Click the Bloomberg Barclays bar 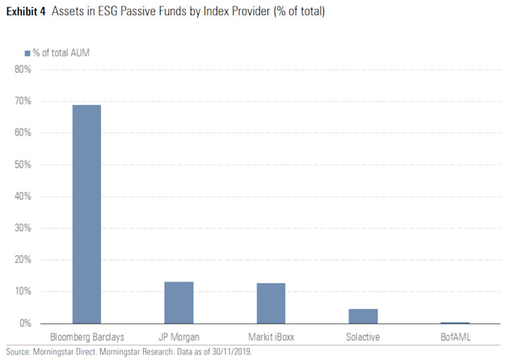pyautogui.click(x=86, y=214)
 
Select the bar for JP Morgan pyautogui.click(x=179, y=303)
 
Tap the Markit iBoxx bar pyautogui.click(x=271, y=303)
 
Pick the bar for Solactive pyautogui.click(x=363, y=316)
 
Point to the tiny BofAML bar pyautogui.click(x=455, y=322)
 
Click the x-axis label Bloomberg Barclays pyautogui.click(x=86, y=337)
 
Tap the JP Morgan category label pyautogui.click(x=179, y=337)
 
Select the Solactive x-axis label pyautogui.click(x=363, y=337)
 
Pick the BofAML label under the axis pyautogui.click(x=455, y=337)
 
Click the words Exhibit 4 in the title pyautogui.click(x=27, y=12)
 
